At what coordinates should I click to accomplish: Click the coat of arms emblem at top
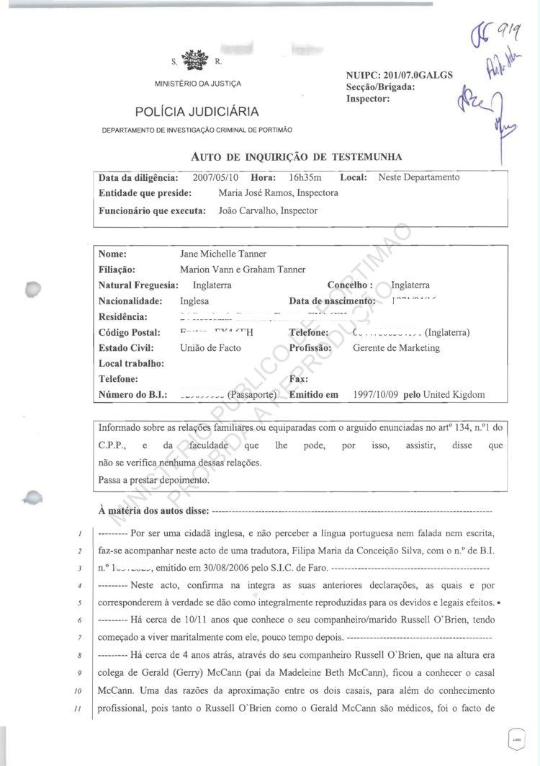point(192,60)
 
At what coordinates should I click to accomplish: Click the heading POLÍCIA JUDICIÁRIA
point(197,111)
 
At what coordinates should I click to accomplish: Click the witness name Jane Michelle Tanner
point(222,254)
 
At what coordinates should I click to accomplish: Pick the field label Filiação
point(117,270)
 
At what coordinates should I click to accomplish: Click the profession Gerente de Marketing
point(396,348)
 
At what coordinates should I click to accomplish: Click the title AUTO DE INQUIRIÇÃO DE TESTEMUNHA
point(297,156)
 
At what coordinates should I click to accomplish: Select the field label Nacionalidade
point(130,301)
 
